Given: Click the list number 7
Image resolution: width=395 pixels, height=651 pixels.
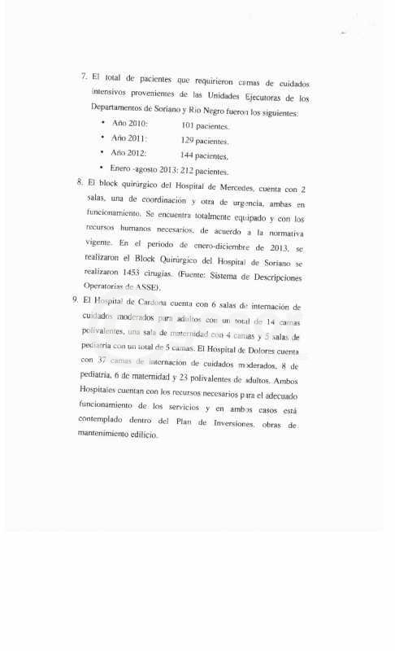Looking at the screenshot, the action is pos(84,77).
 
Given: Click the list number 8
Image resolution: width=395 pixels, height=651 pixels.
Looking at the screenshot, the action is pos(80,182).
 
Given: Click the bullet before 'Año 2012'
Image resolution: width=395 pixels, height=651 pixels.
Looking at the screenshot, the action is pos(102,154).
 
